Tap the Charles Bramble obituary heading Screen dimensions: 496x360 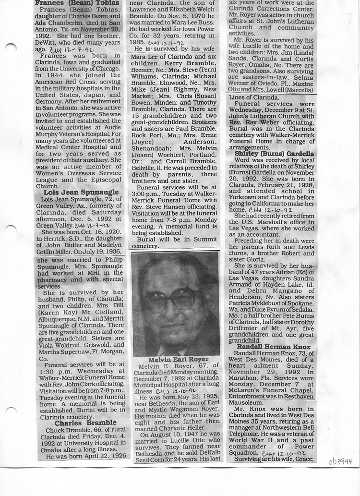pos(85,423)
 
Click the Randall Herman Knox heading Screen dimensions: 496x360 pos(270,347)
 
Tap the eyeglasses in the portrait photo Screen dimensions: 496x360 pos(171,298)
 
